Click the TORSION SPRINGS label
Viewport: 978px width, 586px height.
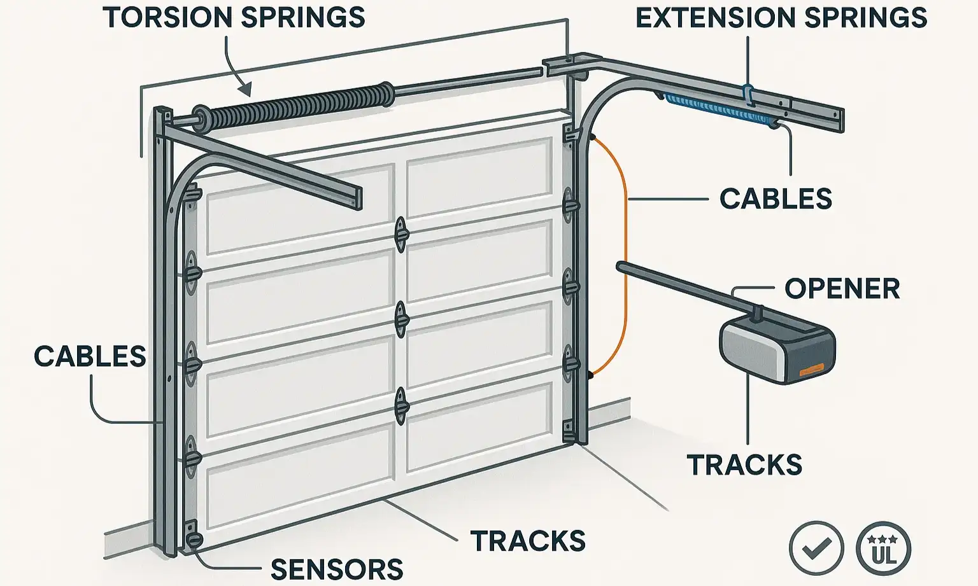click(234, 17)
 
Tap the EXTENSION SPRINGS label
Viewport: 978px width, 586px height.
click(781, 17)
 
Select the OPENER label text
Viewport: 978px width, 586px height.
click(842, 288)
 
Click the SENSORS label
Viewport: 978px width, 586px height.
click(337, 569)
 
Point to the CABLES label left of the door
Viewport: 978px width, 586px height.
click(90, 356)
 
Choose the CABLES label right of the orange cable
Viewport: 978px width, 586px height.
click(776, 199)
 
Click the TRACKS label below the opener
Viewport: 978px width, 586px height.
click(744, 465)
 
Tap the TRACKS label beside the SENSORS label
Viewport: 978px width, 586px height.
click(528, 541)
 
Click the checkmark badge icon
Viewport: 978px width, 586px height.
click(816, 547)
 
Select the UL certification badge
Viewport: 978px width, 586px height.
click(884, 547)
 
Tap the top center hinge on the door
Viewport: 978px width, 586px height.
click(400, 234)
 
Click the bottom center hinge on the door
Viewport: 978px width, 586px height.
click(400, 405)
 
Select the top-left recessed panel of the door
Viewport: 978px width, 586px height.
click(298, 210)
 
